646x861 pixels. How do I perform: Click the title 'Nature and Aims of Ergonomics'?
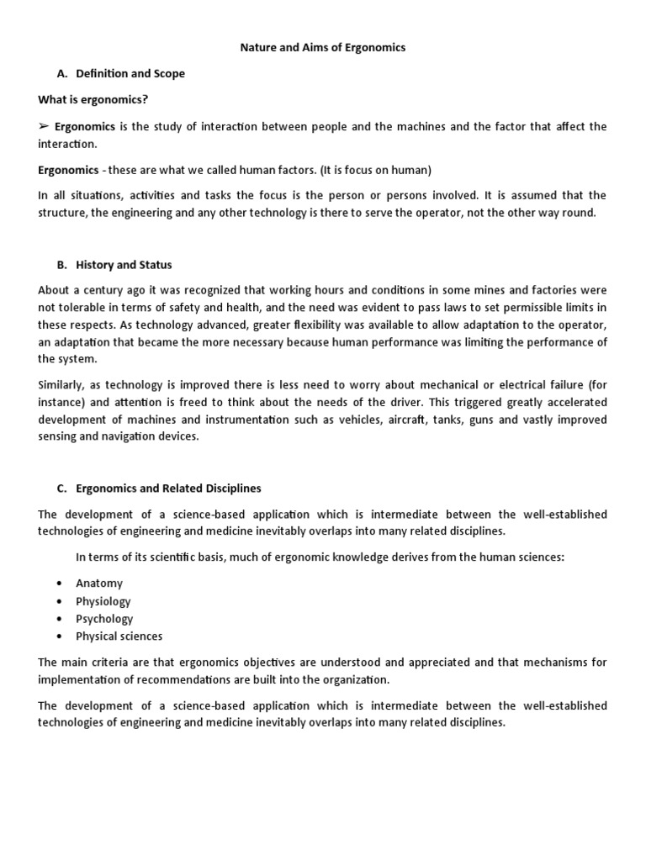323,48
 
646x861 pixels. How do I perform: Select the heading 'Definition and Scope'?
130,74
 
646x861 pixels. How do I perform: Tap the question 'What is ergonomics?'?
93,100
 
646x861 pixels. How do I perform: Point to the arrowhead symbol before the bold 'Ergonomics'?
44,127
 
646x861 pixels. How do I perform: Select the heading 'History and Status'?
124,265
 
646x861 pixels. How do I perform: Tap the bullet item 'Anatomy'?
99,584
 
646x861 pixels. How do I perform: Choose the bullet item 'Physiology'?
103,601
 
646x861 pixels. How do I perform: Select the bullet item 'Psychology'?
104,619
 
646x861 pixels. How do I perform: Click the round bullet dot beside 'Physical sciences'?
59,637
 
